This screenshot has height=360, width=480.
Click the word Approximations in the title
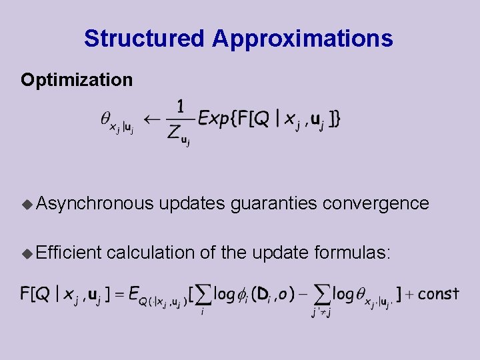pos(303,39)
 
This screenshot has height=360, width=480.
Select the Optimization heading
pos(77,80)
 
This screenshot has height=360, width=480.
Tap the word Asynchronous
pos(95,203)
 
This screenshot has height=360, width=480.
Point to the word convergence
pos(376,203)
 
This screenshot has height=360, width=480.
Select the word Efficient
pos(69,252)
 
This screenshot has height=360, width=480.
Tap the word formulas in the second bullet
pos(353,252)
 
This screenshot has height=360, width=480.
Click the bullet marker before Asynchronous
pos(27,203)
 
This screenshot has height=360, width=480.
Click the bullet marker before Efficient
pos(27,253)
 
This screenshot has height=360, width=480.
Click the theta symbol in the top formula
pos(105,118)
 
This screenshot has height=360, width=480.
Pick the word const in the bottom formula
pos(438,293)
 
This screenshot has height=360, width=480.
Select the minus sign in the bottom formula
pos(303,294)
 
